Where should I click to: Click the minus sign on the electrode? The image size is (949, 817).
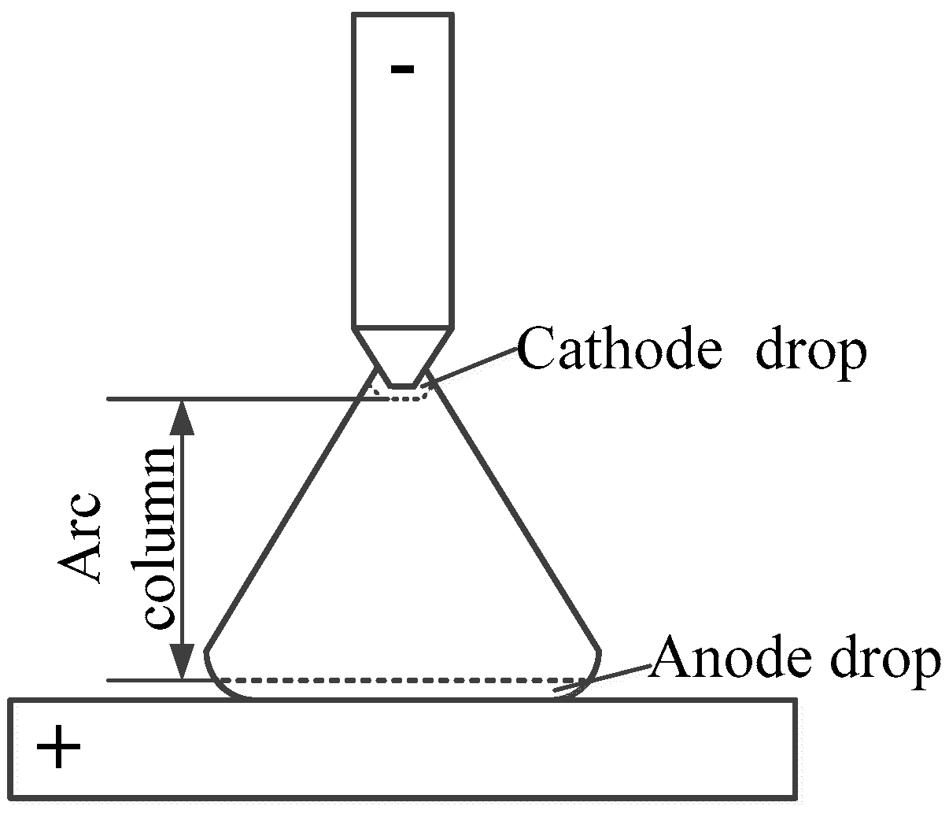402,69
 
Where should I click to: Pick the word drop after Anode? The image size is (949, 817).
881,661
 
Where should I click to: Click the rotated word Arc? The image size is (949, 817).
82,538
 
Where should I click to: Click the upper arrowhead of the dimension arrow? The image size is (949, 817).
183,417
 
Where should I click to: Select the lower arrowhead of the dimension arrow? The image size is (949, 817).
183,661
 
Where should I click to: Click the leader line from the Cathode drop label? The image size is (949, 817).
472,366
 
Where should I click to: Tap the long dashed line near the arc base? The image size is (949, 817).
401,679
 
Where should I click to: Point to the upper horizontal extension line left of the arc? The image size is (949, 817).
236,399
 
